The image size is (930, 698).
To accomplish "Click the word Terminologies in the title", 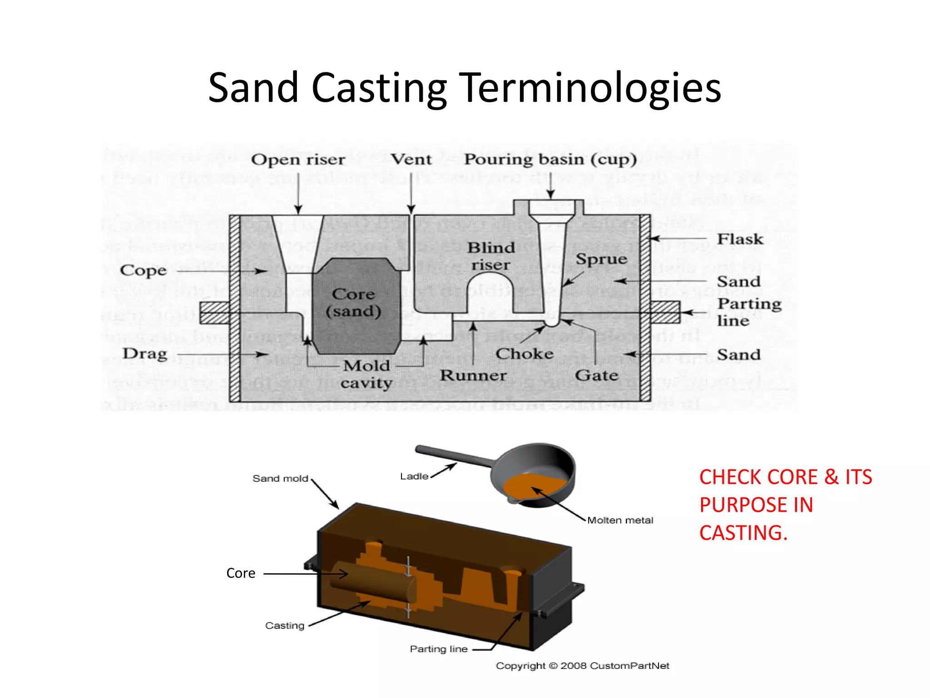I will tap(591, 88).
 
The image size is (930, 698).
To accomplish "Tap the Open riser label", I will tap(298, 160).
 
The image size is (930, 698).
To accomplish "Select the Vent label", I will tap(411, 160).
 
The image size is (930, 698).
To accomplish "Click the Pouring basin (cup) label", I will tap(550, 160).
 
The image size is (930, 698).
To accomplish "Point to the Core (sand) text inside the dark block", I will tap(354, 303).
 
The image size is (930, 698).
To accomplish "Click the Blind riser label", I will tap(491, 256).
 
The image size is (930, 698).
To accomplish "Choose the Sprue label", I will tap(601, 259).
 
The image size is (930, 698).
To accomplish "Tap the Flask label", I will tap(740, 239).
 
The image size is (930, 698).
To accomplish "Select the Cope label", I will tap(143, 270).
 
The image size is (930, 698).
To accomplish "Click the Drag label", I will tap(145, 354).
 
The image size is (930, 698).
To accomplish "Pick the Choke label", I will tap(524, 354).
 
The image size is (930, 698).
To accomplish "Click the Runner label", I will tap(473, 375).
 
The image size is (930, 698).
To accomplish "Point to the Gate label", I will tap(596, 375).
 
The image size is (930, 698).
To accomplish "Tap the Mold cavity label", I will tap(366, 374).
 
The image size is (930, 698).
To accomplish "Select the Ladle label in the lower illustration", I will tap(414, 476).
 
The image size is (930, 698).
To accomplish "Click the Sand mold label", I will tap(280, 479).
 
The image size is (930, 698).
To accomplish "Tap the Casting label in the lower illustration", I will tap(285, 626).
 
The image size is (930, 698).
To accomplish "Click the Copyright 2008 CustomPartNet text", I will tap(582, 666).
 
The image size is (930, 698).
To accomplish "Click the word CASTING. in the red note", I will tap(743, 533).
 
